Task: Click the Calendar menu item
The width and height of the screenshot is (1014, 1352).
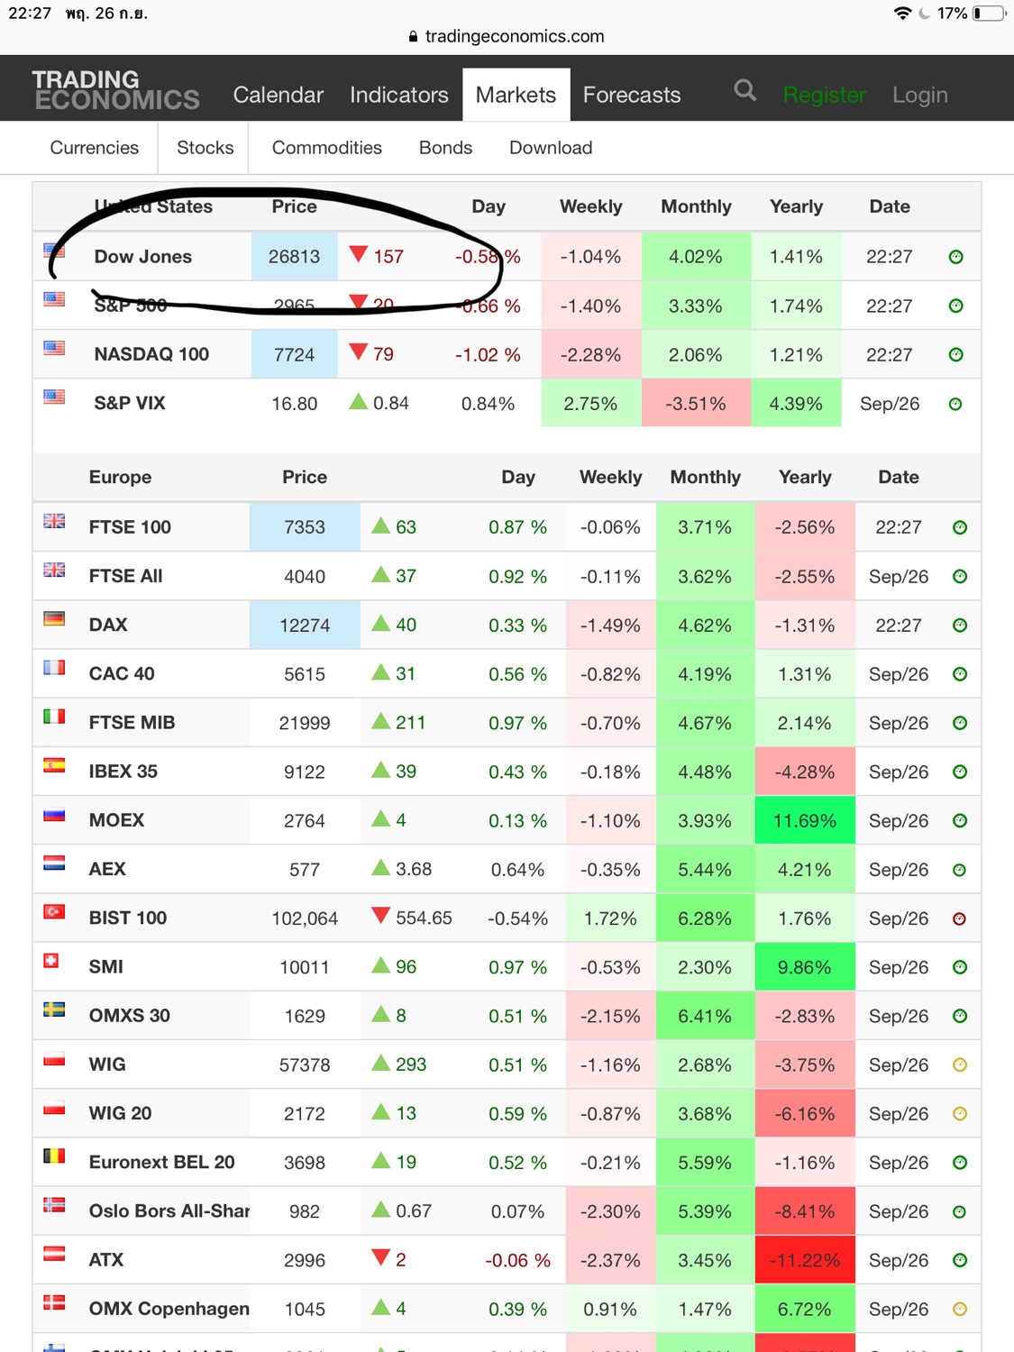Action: pyautogui.click(x=278, y=95)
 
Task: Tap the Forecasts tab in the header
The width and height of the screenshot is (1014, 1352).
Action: pyautogui.click(x=631, y=95)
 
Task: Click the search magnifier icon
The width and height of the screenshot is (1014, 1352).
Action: pyautogui.click(x=745, y=90)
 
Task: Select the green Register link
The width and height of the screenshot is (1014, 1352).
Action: pyautogui.click(x=824, y=95)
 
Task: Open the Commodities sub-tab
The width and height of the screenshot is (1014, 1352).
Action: pyautogui.click(x=326, y=148)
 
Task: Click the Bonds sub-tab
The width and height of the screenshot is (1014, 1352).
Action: pyautogui.click(x=445, y=148)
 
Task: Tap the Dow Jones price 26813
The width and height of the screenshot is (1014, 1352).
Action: pyautogui.click(x=294, y=257)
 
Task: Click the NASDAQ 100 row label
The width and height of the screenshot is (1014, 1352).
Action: pyautogui.click(x=151, y=354)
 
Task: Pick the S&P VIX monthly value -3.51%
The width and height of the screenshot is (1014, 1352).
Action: pyautogui.click(x=695, y=404)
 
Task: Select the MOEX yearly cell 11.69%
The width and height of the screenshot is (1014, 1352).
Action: pyautogui.click(x=804, y=821)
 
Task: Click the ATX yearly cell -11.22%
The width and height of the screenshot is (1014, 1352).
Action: pyautogui.click(x=804, y=1260)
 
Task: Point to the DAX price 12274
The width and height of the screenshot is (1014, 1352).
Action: pyautogui.click(x=305, y=626)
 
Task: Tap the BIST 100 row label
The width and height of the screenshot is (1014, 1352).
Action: pyautogui.click(x=128, y=918)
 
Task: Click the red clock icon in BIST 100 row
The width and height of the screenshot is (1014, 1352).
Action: pyautogui.click(x=960, y=918)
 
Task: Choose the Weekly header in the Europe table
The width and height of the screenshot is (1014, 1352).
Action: pyautogui.click(x=610, y=477)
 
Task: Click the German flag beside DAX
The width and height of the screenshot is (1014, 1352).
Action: pyautogui.click(x=54, y=619)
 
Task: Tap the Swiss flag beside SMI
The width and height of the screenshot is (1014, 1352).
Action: pyautogui.click(x=51, y=961)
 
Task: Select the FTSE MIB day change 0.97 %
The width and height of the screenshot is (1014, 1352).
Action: pyautogui.click(x=517, y=723)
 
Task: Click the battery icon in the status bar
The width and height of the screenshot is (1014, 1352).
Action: pyautogui.click(x=989, y=14)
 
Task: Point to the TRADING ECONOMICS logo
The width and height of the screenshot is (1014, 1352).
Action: pyautogui.click(x=115, y=90)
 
